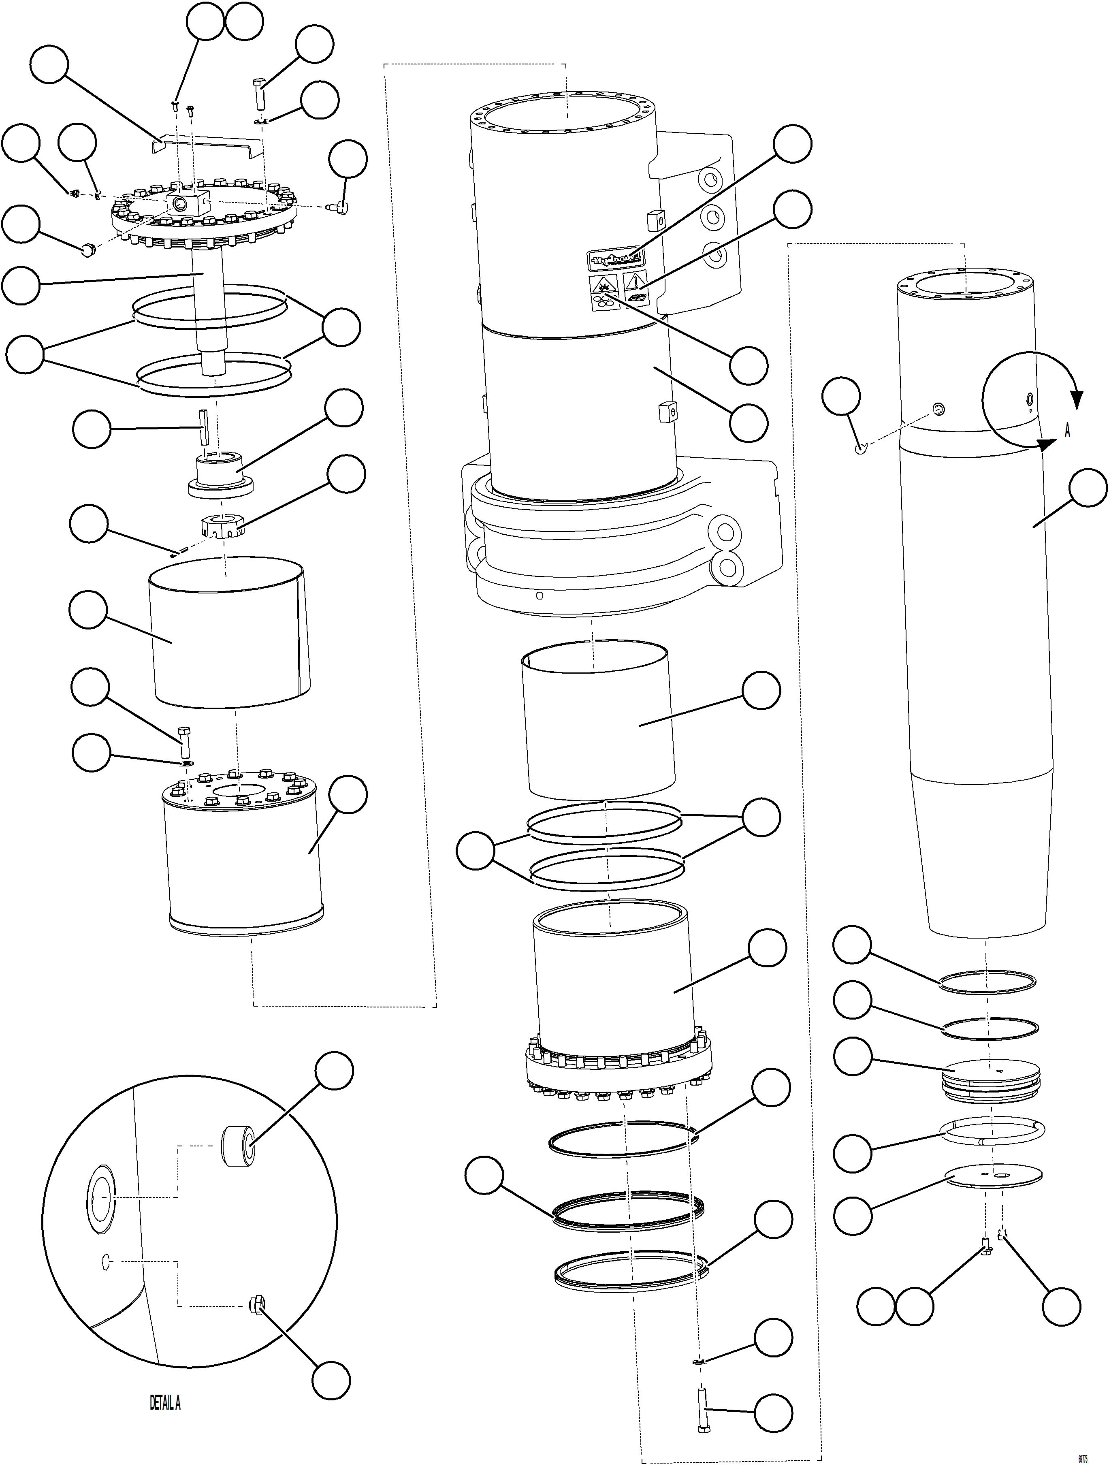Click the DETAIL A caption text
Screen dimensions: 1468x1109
click(x=164, y=1402)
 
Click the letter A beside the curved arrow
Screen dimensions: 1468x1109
click(x=1067, y=431)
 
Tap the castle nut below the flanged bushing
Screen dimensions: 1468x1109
click(x=219, y=526)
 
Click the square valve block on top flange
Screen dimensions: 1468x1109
click(x=188, y=201)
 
